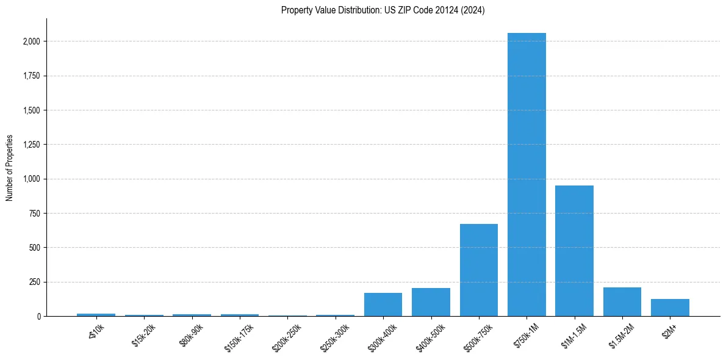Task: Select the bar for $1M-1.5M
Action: [574, 251]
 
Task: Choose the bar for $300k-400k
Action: [383, 304]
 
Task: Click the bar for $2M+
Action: [670, 308]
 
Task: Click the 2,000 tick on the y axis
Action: [32, 41]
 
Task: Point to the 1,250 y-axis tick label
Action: [32, 145]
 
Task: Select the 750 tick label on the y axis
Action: [35, 214]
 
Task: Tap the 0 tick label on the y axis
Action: [38, 316]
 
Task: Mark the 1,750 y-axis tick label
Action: [32, 76]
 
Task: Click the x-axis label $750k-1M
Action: [525, 335]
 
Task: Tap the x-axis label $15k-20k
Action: [143, 336]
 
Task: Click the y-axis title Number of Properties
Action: [10, 168]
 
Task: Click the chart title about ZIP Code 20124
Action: [383, 10]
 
